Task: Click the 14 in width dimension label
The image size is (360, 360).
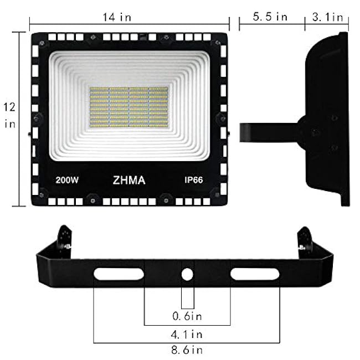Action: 117,17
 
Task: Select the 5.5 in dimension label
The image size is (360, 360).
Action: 270,17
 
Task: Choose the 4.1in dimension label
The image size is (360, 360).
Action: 187,334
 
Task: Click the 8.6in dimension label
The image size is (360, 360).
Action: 187,349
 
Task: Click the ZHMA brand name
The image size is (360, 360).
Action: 128,181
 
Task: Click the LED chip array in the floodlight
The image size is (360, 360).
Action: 128,107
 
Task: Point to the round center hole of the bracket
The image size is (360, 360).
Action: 188,274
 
